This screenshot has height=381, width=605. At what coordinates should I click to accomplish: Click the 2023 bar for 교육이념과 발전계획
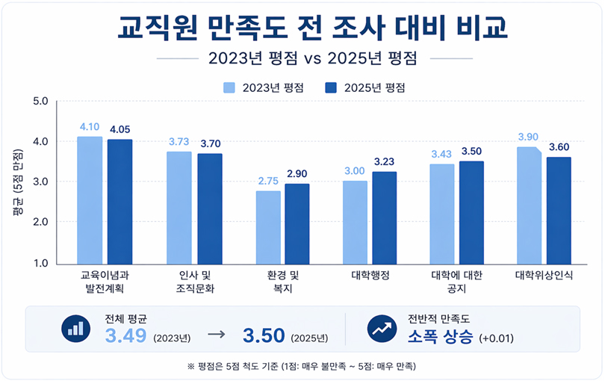(x=90, y=199)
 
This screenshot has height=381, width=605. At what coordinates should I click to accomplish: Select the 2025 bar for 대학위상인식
(x=559, y=210)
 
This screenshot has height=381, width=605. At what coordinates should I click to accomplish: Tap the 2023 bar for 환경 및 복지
(x=268, y=227)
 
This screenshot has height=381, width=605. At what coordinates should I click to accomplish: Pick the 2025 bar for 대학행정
(x=384, y=217)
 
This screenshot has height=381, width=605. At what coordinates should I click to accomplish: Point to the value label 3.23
(x=385, y=161)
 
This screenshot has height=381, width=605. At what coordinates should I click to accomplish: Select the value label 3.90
(x=528, y=137)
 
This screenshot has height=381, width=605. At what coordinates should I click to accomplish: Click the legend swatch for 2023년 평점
(x=229, y=87)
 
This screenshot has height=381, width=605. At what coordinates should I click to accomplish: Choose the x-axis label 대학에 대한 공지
(x=456, y=282)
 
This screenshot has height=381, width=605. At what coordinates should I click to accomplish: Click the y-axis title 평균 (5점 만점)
(x=16, y=182)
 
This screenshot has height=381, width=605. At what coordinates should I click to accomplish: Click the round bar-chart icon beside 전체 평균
(x=75, y=329)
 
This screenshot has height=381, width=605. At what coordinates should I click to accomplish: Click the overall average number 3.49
(x=126, y=336)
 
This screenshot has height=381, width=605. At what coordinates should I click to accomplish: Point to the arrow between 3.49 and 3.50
(x=216, y=336)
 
